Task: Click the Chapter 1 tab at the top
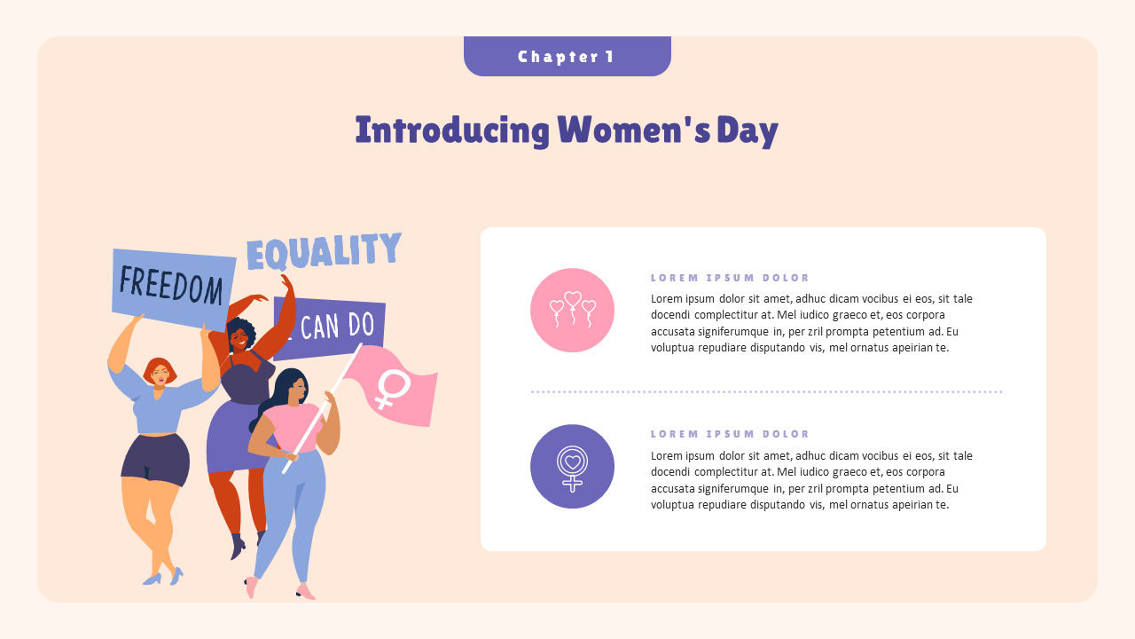567,57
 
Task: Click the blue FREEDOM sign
173,284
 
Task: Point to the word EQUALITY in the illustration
324,252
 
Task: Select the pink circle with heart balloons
572,310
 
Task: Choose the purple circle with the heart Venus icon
572,466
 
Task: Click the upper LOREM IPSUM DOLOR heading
730,278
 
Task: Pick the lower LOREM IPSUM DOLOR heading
730,434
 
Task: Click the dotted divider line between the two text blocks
766,391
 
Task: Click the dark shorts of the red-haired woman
155,459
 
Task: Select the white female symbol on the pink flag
392,389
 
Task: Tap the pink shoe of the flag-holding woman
306,591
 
